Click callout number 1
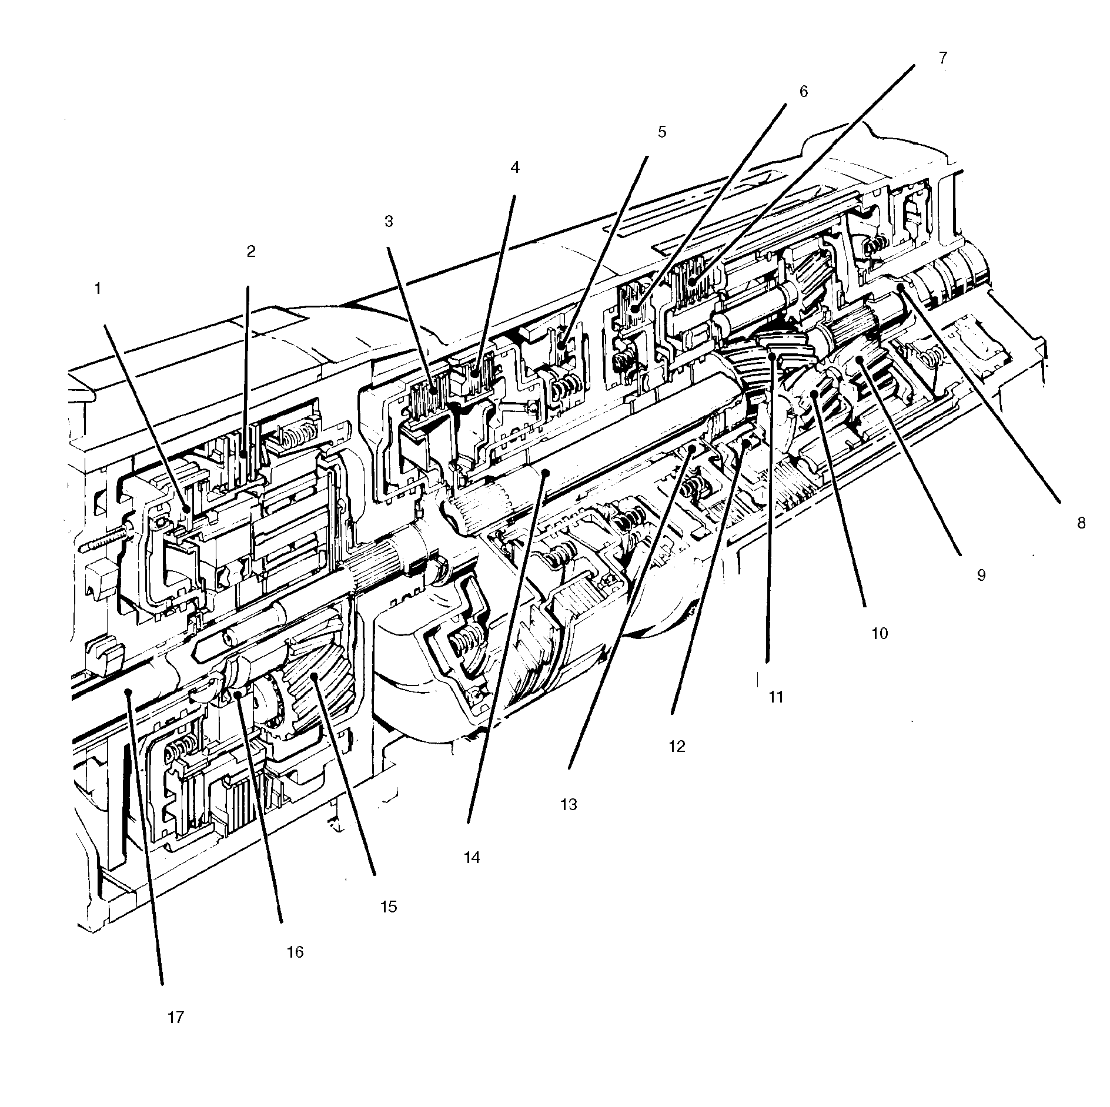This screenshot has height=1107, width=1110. click(98, 289)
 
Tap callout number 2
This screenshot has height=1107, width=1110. click(251, 252)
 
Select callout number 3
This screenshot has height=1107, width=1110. click(388, 221)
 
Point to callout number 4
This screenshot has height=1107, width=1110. click(515, 168)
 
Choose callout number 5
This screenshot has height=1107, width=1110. click(662, 132)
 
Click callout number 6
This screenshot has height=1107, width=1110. click(803, 91)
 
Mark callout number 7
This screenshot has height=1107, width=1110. click(942, 58)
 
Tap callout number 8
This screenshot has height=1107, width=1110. click(1081, 523)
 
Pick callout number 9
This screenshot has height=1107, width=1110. click(981, 574)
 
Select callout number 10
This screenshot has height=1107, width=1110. click(879, 633)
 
